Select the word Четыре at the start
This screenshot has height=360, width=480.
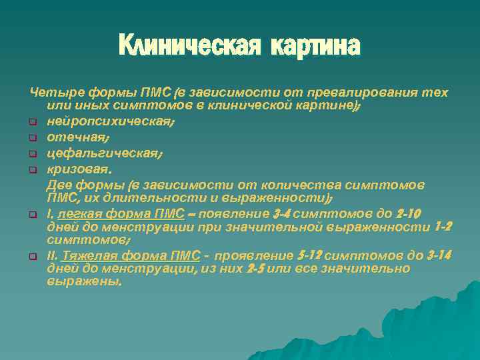coord(51,92)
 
